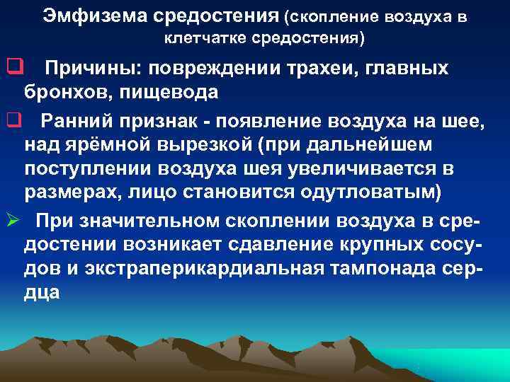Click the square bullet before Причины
11,68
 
